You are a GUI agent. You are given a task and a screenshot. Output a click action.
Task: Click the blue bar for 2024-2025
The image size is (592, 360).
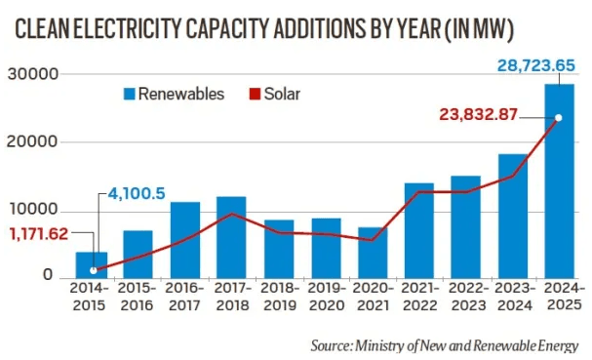click(559, 180)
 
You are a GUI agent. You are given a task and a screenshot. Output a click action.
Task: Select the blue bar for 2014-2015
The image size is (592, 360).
click(92, 264)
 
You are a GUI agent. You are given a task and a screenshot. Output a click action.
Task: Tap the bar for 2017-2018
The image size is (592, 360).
click(231, 237)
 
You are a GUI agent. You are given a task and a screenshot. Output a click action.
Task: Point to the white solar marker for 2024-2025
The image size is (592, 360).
click(559, 118)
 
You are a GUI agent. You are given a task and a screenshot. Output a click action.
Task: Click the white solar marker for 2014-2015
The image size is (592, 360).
click(93, 270)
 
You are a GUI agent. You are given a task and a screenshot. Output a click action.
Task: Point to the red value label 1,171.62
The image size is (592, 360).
click(44, 234)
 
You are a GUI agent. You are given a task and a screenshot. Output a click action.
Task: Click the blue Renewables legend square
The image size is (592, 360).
click(128, 95)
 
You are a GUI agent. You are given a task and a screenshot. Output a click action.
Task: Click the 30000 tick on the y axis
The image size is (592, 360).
click(38, 75)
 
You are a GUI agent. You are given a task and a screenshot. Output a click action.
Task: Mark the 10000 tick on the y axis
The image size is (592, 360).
click(38, 211)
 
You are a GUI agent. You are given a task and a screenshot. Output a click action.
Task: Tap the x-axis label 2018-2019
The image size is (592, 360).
click(278, 297)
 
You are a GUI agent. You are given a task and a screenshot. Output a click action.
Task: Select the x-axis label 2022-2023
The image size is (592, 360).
click(465, 297)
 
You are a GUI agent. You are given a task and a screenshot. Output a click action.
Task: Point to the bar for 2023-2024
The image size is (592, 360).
click(512, 216)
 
